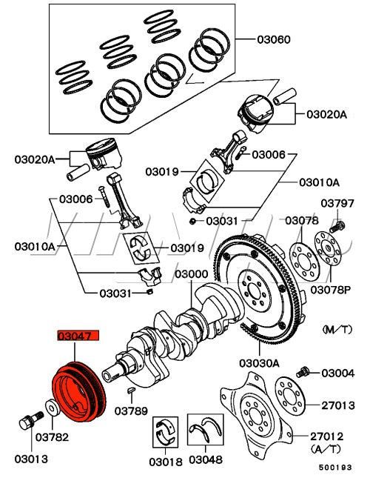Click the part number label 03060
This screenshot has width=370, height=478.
point(274,39)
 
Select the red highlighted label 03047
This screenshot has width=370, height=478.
point(78,336)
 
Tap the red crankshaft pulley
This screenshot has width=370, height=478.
point(78,392)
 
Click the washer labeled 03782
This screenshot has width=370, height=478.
point(53,408)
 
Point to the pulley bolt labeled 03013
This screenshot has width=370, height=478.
point(31,420)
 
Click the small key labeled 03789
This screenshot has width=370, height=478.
point(131,391)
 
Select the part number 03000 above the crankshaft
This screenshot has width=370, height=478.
point(192,274)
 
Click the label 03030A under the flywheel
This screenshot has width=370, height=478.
point(259,363)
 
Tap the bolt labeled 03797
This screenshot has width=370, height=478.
point(337,228)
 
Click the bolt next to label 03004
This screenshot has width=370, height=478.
point(303,372)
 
